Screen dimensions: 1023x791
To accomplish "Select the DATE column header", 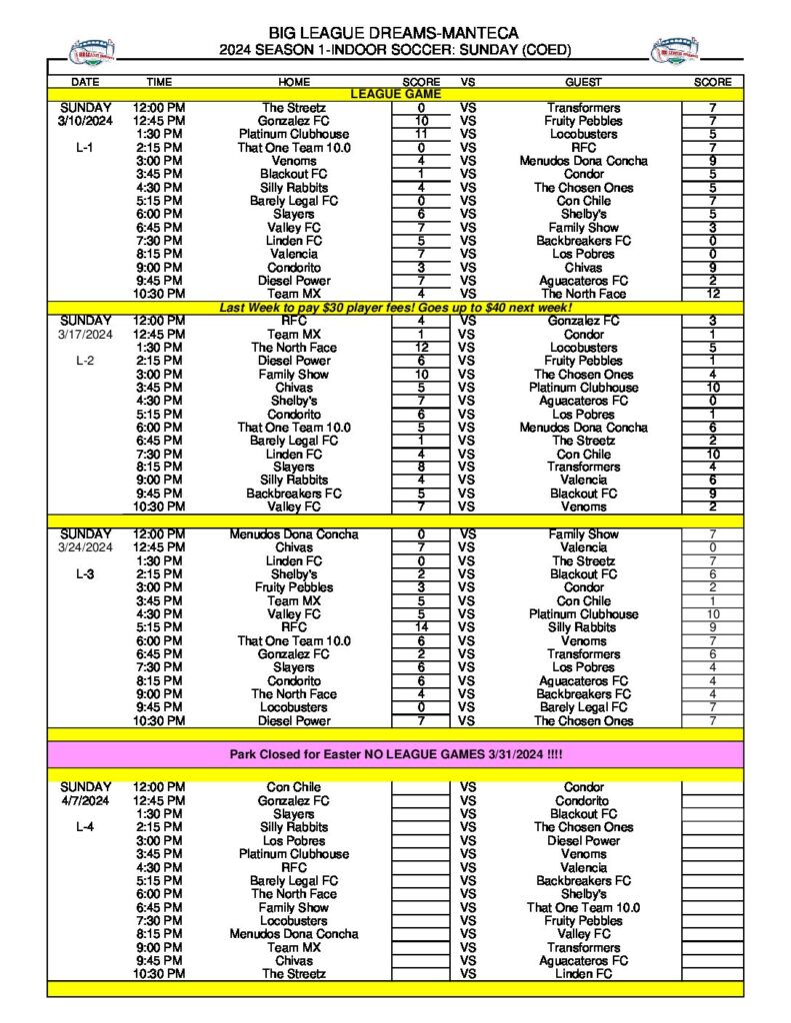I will pos(86,82).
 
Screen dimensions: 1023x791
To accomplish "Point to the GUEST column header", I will pos(583,82).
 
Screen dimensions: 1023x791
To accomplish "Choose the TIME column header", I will pos(159,82).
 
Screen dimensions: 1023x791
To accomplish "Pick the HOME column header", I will pos(295,82).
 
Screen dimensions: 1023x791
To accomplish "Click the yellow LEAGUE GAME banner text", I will pos(395,94).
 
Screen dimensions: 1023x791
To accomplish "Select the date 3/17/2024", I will pos(86,335).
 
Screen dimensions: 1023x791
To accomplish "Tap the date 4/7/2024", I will pos(86,801).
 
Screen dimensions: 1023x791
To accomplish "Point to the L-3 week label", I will pos(86,574).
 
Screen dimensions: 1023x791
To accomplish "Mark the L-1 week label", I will pos(86,148).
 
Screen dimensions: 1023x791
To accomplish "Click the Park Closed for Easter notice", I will pos(395,754).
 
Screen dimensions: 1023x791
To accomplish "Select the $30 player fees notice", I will pos(395,309).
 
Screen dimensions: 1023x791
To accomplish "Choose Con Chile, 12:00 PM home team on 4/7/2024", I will pos(294,787).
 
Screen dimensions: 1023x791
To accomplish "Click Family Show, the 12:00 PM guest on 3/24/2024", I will pos(583,534).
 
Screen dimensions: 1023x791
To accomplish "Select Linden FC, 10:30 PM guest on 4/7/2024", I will pos(583,974).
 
